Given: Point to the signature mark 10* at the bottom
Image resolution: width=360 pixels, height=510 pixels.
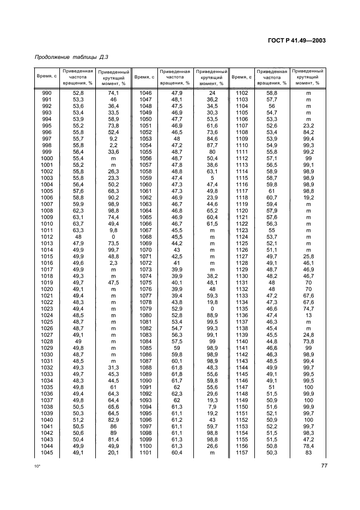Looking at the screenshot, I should click(x=38, y=467).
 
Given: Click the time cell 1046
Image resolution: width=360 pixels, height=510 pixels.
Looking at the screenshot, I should click(x=145, y=93).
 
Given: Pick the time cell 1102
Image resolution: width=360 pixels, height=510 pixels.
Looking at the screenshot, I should click(x=242, y=93).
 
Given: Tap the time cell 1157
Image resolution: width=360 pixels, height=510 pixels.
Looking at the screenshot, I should click(x=242, y=452).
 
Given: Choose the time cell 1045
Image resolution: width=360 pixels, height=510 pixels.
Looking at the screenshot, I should click(x=47, y=452).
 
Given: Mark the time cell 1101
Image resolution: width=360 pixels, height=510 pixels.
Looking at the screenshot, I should click(x=145, y=452).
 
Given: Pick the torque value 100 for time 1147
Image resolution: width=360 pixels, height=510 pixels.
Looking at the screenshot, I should click(x=308, y=387).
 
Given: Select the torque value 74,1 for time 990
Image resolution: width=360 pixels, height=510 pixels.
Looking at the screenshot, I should click(x=114, y=93).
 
